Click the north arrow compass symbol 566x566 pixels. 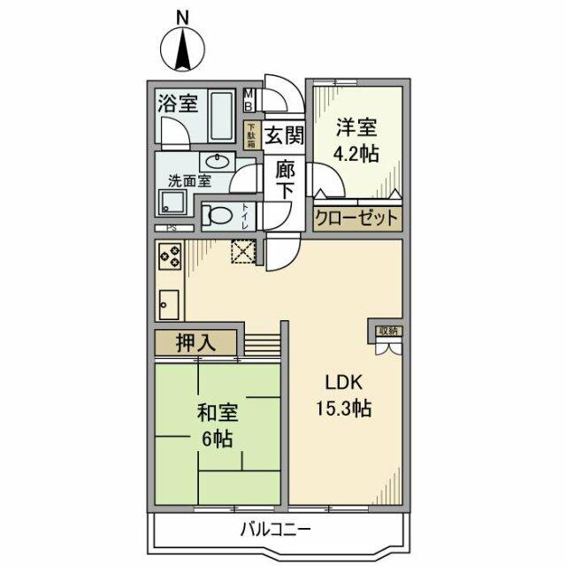point(183,50)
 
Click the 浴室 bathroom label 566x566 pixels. point(177,103)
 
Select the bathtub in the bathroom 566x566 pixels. point(224,116)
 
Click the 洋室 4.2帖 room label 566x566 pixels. point(356,140)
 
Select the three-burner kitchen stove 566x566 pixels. point(170,257)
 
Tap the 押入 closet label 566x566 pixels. point(195,343)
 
